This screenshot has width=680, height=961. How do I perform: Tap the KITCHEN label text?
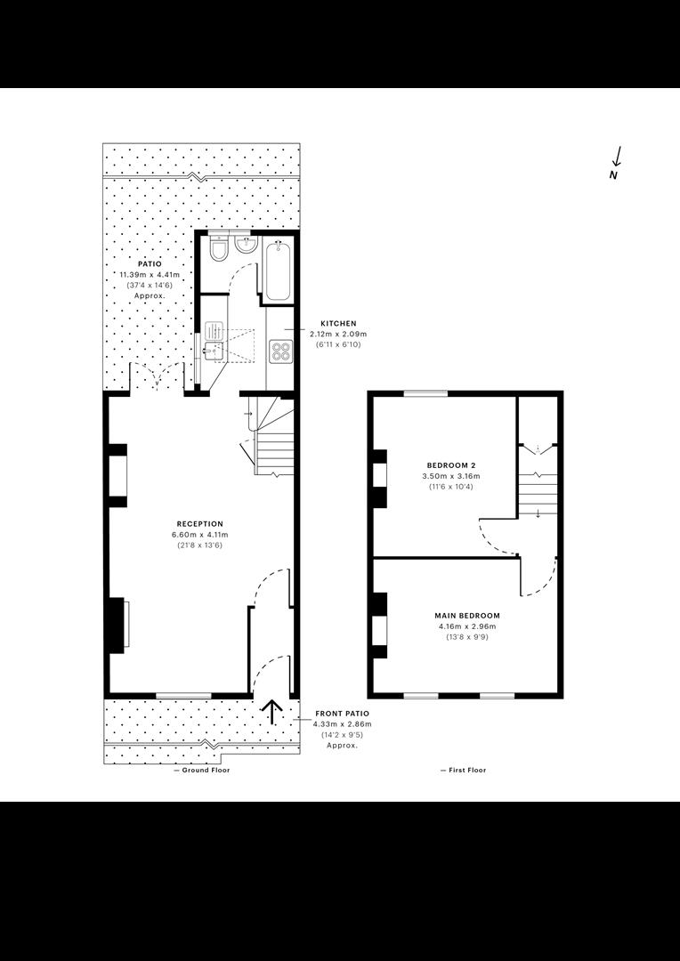pos(338,323)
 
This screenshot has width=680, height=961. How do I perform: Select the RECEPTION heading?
pos(200,523)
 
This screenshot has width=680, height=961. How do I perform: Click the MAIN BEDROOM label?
pos(467,616)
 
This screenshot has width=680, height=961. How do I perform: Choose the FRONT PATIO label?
pos(342,714)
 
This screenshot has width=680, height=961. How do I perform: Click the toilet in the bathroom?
pos(218,247)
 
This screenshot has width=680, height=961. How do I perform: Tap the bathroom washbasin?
pos(246,246)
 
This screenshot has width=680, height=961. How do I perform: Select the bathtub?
pos(279,271)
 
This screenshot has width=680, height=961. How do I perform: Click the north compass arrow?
pos(618,157)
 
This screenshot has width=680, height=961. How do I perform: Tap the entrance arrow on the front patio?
pos(272,711)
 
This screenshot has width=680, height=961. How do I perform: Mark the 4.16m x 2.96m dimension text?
pos(467,626)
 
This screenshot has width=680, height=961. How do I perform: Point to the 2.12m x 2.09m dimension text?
pos(338,334)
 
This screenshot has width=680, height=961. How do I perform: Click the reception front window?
pos(184,695)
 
